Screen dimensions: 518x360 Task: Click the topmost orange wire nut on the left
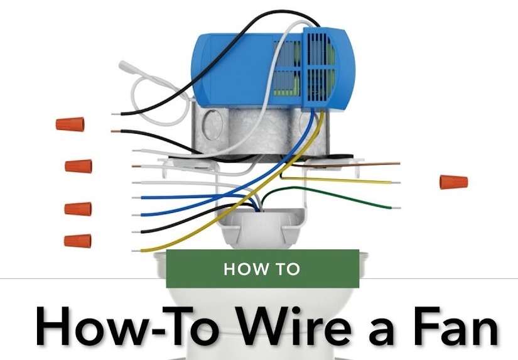point(70,124)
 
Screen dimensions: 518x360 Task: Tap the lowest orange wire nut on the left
point(78,241)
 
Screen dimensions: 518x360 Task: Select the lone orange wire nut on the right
point(453,182)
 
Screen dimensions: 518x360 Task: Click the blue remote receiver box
point(272,68)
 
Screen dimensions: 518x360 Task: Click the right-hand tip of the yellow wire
point(400,182)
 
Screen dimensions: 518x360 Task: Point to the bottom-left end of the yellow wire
point(133,251)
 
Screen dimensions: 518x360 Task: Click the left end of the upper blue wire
point(134,198)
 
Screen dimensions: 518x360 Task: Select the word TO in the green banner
point(288,269)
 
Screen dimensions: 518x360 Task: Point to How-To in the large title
point(128,325)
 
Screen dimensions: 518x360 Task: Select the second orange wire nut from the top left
point(78,166)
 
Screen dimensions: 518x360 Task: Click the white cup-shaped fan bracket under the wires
point(262,226)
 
